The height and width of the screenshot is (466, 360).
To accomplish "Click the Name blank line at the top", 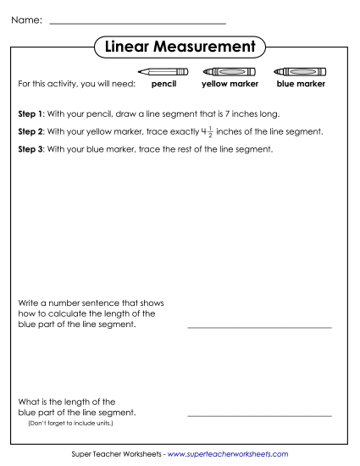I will (138, 22).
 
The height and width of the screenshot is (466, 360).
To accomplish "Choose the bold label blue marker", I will (301, 85).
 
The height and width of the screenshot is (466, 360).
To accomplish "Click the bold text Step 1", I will (30, 114).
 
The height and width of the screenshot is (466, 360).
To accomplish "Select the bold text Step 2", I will (30, 132).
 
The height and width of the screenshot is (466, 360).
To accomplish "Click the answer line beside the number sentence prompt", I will (259, 326).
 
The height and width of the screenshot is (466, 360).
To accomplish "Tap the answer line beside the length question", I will (259, 416).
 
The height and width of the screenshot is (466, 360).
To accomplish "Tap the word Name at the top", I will (26, 19).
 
